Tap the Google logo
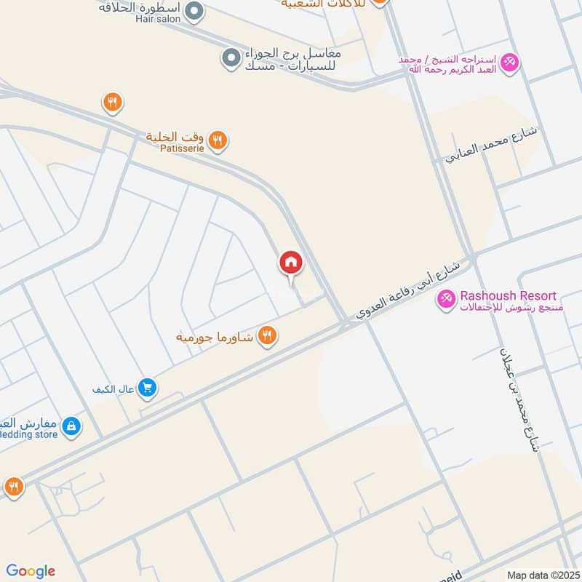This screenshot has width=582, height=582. pyautogui.click(x=31, y=571)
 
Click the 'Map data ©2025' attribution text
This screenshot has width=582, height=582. pyautogui.click(x=542, y=575)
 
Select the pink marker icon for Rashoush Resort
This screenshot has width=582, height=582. pyautogui.click(x=446, y=298)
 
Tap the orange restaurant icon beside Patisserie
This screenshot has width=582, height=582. pyautogui.click(x=217, y=140)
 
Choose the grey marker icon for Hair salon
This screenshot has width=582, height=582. pyautogui.click(x=194, y=11)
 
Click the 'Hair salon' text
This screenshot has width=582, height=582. pyautogui.click(x=157, y=19)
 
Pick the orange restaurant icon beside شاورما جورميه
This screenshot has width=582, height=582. pyautogui.click(x=268, y=335)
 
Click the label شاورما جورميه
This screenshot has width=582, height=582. pyautogui.click(x=215, y=338)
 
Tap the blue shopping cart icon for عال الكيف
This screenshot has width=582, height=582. pyautogui.click(x=148, y=388)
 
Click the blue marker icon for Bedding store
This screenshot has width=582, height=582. pyautogui.click(x=71, y=426)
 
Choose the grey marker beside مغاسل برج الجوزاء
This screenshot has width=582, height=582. pyautogui.click(x=231, y=57)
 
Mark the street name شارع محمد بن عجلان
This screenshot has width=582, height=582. pyautogui.click(x=519, y=399)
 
